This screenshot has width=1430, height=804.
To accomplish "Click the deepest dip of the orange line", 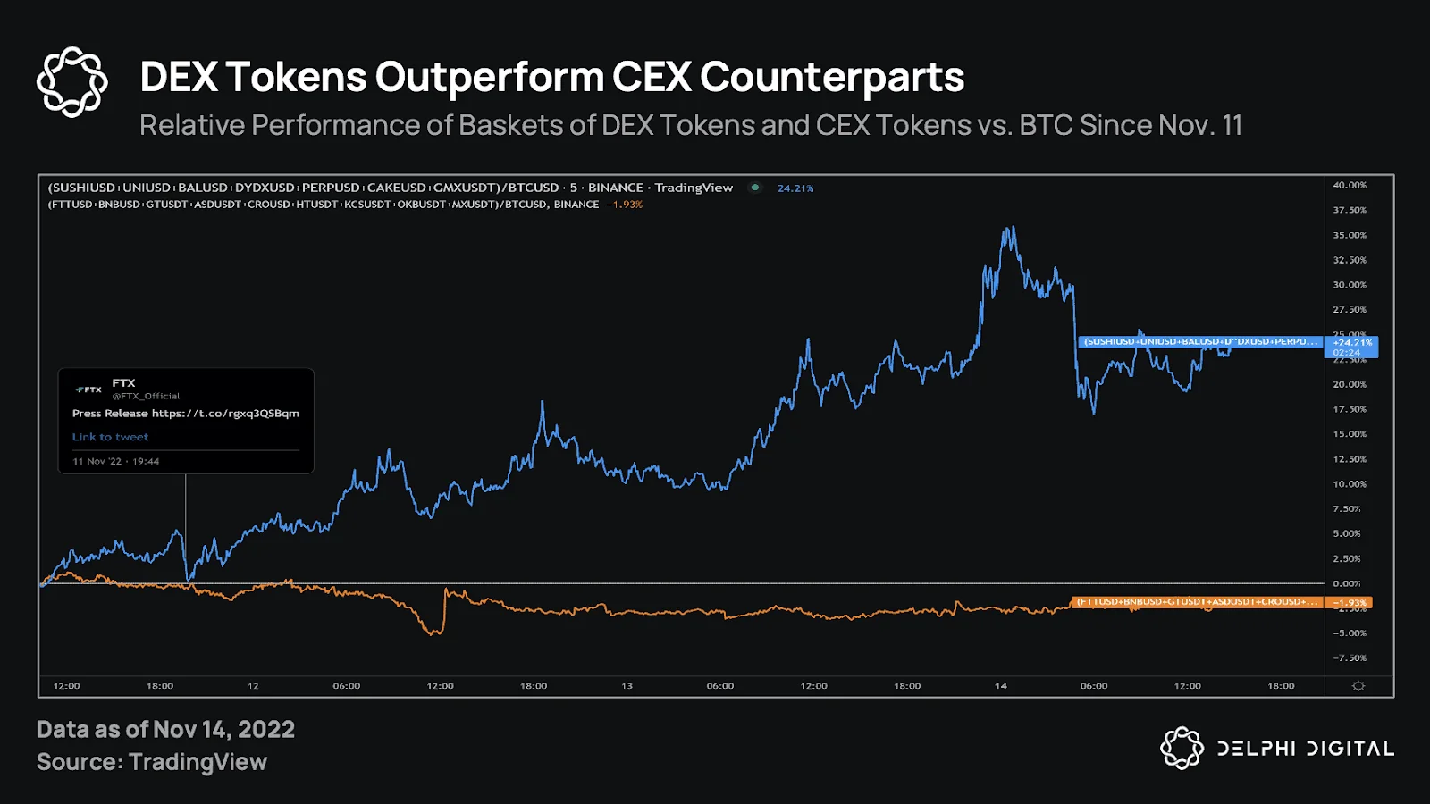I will [433, 633].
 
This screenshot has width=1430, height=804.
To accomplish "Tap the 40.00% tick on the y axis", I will [1349, 186].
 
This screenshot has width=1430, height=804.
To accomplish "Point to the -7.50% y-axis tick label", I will [1349, 658].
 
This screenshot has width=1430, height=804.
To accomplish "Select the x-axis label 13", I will [627, 686].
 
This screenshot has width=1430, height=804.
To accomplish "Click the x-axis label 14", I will [1000, 686].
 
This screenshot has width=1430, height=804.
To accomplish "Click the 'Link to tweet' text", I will [110, 437].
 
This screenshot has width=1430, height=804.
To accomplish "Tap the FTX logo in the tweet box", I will [88, 389].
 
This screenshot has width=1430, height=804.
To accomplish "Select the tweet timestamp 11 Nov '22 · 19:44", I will [115, 461].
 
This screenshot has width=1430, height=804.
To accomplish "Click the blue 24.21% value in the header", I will [795, 188].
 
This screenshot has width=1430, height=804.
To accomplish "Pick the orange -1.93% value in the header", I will [625, 205].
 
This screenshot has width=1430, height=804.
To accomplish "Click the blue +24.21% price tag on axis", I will [1351, 347].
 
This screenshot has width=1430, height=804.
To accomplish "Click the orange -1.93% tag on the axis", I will [1350, 603].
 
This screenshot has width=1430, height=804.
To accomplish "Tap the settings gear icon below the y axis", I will [1358, 686].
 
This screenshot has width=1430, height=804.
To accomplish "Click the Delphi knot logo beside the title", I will [72, 82].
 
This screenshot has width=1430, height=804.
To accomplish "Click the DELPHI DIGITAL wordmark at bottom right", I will [1305, 749].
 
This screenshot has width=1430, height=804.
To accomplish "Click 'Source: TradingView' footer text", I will [152, 762].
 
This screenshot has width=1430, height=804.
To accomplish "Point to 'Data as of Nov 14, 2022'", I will [165, 730].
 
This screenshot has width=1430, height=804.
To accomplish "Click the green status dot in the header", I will [755, 188].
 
